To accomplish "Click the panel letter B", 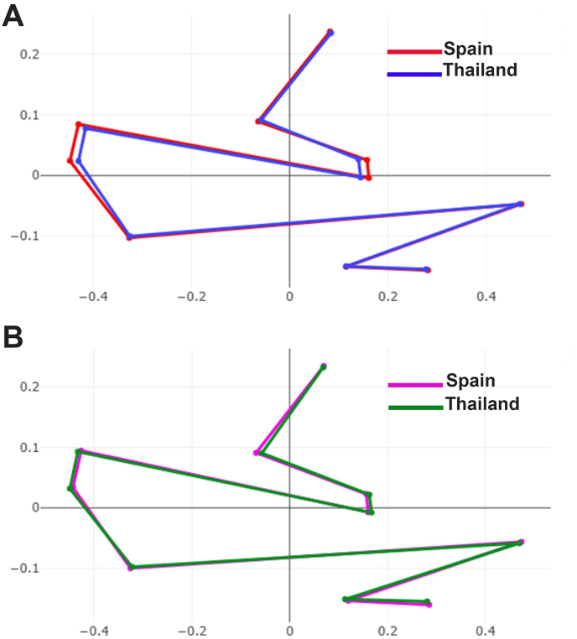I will pyautogui.click(x=14, y=338).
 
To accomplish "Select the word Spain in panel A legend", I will pyautogui.click(x=468, y=49).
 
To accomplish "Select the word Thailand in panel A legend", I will pyautogui.click(x=480, y=71).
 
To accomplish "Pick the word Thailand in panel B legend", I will pyautogui.click(x=482, y=404).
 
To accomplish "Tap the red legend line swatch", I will pyautogui.click(x=414, y=52).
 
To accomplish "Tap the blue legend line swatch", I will pyautogui.click(x=414, y=74).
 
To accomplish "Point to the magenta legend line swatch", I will pyautogui.click(x=416, y=385).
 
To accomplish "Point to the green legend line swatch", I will pyautogui.click(x=416, y=407).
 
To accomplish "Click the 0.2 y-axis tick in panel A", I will pyautogui.click(x=30, y=55).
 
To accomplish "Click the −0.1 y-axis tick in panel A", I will pyautogui.click(x=27, y=236).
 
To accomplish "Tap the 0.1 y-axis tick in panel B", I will pyautogui.click(x=30, y=448).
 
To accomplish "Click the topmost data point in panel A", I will pyautogui.click(x=330, y=32).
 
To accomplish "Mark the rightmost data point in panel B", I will pyautogui.click(x=521, y=543).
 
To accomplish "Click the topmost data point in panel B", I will pyautogui.click(x=324, y=366).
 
